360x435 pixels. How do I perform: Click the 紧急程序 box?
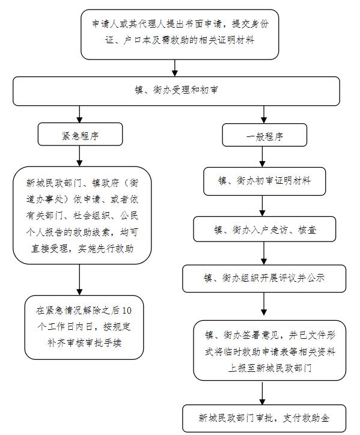coord(80,134)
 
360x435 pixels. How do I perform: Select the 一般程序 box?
coord(264,135)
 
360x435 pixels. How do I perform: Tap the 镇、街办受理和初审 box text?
coord(176,90)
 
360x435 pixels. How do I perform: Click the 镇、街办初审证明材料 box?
coord(264,181)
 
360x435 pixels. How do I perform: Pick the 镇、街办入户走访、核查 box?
coord(264,229)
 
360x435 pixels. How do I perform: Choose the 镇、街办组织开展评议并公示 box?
coord(264,279)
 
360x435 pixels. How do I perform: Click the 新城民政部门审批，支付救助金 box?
coord(264,418)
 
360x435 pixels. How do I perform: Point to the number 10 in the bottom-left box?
coord(127,311)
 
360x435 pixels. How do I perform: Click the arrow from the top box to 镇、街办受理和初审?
coord(174,68)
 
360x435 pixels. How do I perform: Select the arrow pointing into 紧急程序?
coord(80,114)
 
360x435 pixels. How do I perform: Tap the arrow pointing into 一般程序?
coord(264,115)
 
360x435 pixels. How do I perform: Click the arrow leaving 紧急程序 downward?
coord(80,156)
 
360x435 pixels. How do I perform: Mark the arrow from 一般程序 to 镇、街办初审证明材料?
coord(263,157)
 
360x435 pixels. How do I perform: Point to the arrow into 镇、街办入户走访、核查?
coord(263,206)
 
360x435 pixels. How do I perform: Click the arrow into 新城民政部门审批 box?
coord(263,393)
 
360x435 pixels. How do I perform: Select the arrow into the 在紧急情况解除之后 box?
coord(80,279)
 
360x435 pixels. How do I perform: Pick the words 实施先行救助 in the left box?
coord(106,249)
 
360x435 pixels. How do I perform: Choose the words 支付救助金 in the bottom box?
coord(306,418)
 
